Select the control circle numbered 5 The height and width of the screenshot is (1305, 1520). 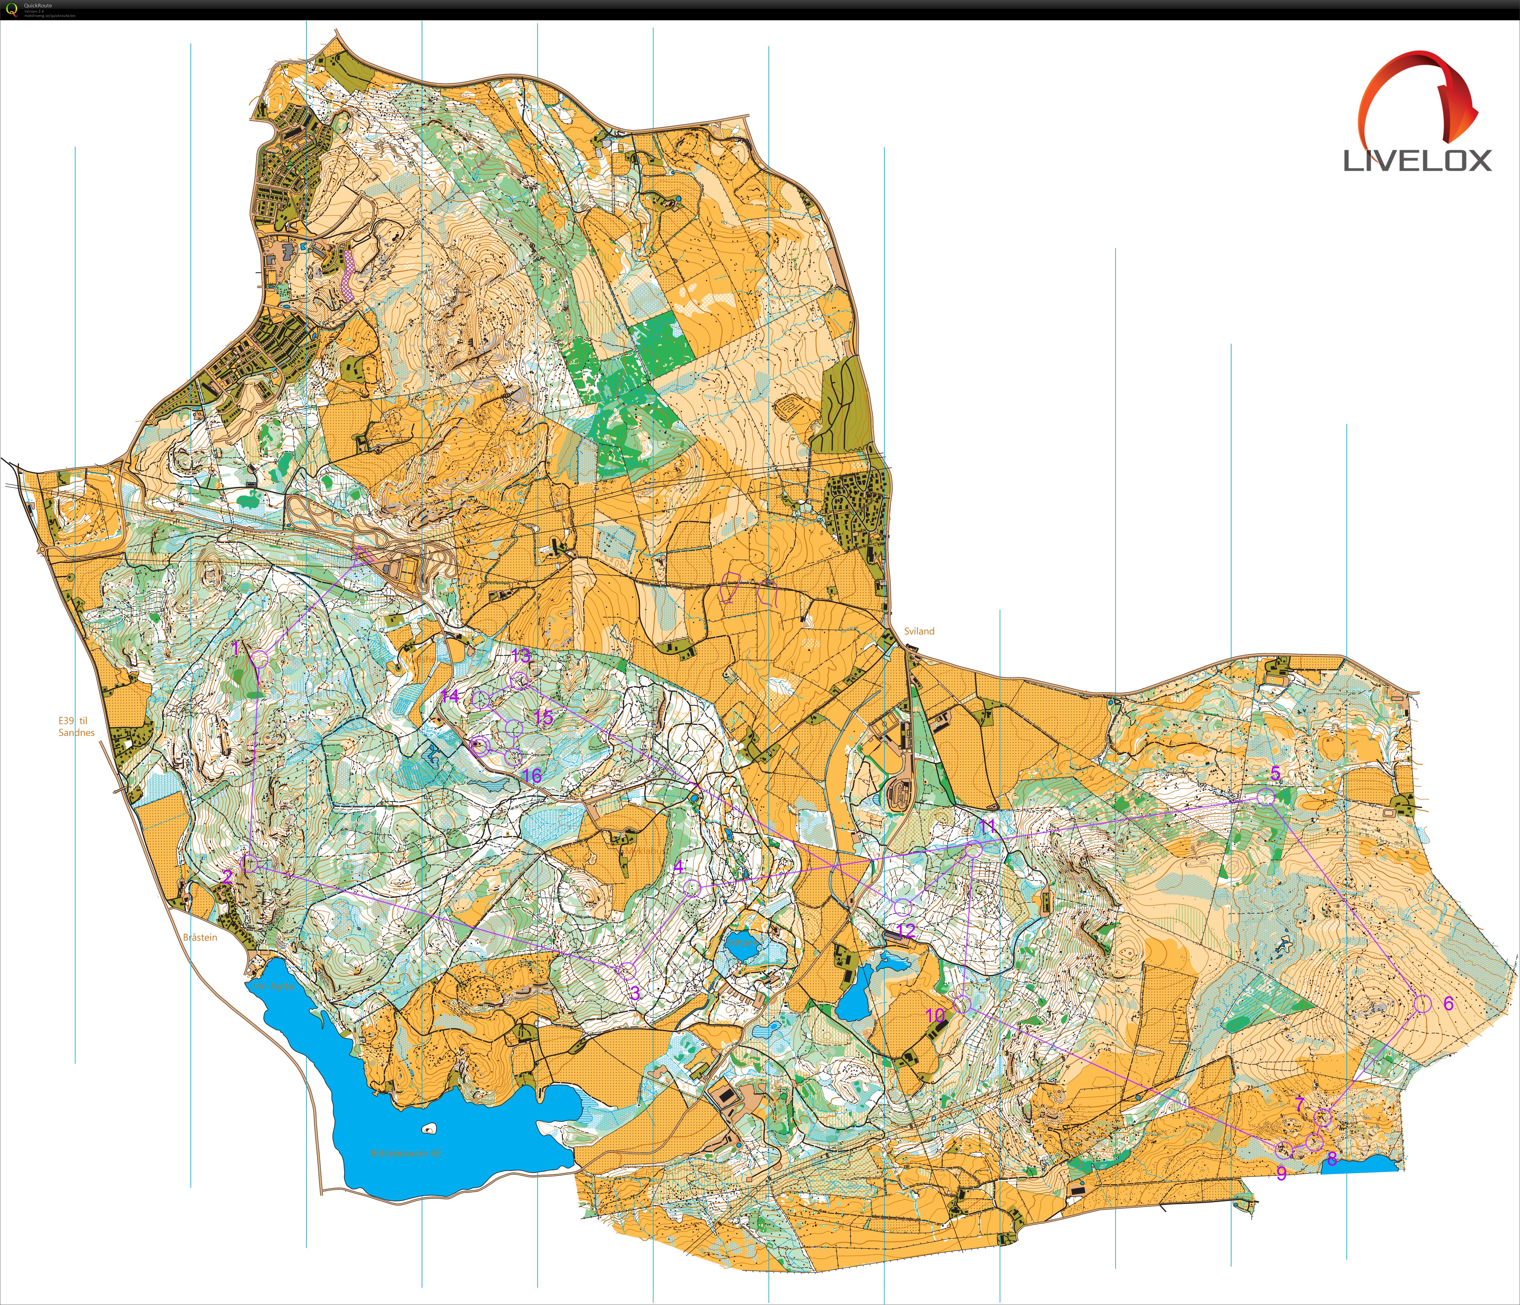(x=1265, y=797)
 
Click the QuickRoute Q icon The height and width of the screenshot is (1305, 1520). (x=11, y=10)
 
